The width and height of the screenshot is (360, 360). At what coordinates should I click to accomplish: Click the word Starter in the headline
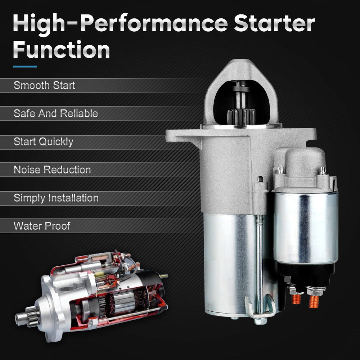274,23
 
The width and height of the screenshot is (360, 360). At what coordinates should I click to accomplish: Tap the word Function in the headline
61,50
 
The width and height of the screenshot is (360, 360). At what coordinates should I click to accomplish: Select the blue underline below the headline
25,67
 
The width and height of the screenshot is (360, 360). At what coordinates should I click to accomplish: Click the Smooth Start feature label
44,85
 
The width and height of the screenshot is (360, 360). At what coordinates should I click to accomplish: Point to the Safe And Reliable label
56,113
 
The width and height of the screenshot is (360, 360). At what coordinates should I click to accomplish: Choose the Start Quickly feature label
44,142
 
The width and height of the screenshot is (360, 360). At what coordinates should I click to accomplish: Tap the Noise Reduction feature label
52,170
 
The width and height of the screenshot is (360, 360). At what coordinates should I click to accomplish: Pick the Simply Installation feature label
56,198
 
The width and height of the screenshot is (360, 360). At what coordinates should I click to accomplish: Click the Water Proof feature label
42,226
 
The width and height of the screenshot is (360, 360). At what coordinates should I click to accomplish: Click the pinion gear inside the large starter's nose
241,117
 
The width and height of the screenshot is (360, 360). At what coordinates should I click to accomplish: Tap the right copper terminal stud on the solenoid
314,301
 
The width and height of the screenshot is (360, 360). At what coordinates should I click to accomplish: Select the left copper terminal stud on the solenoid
296,299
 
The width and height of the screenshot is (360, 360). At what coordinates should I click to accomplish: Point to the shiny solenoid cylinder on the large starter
306,227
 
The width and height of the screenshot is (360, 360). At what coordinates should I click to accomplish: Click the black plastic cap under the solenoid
305,274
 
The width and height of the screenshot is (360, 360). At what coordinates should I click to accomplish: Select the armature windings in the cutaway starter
122,301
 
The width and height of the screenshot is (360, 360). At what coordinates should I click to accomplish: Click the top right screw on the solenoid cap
322,170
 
